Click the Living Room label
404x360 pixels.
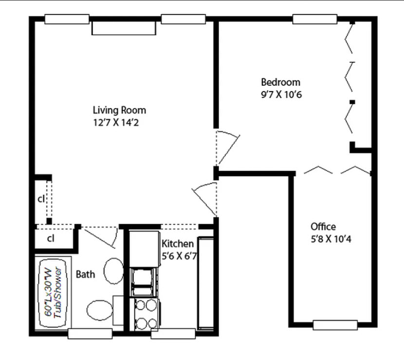coord(119,110)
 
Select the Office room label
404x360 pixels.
coord(323,227)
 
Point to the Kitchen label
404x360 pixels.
coord(178,244)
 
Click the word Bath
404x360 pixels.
coord(85,274)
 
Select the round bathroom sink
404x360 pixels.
coord(114,270)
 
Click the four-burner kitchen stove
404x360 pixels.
coord(147,314)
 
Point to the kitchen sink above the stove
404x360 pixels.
coord(145,282)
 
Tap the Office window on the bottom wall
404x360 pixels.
coord(335,324)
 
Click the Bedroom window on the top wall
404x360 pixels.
coord(315,19)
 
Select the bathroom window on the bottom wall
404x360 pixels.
coord(90,334)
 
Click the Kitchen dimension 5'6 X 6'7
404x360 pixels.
coord(179,256)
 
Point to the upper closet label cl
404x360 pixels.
coord(41,199)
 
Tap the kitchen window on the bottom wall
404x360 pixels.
coord(173,334)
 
